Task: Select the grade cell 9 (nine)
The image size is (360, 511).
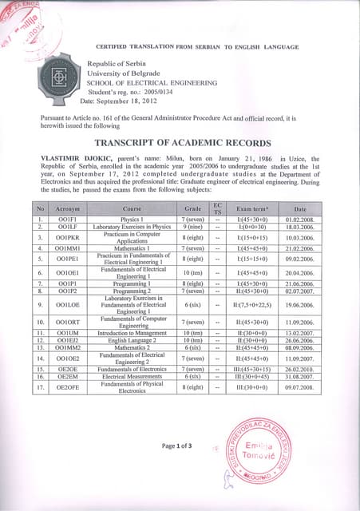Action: click(x=196, y=227)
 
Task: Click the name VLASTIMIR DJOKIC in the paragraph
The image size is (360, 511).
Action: click(x=75, y=160)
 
